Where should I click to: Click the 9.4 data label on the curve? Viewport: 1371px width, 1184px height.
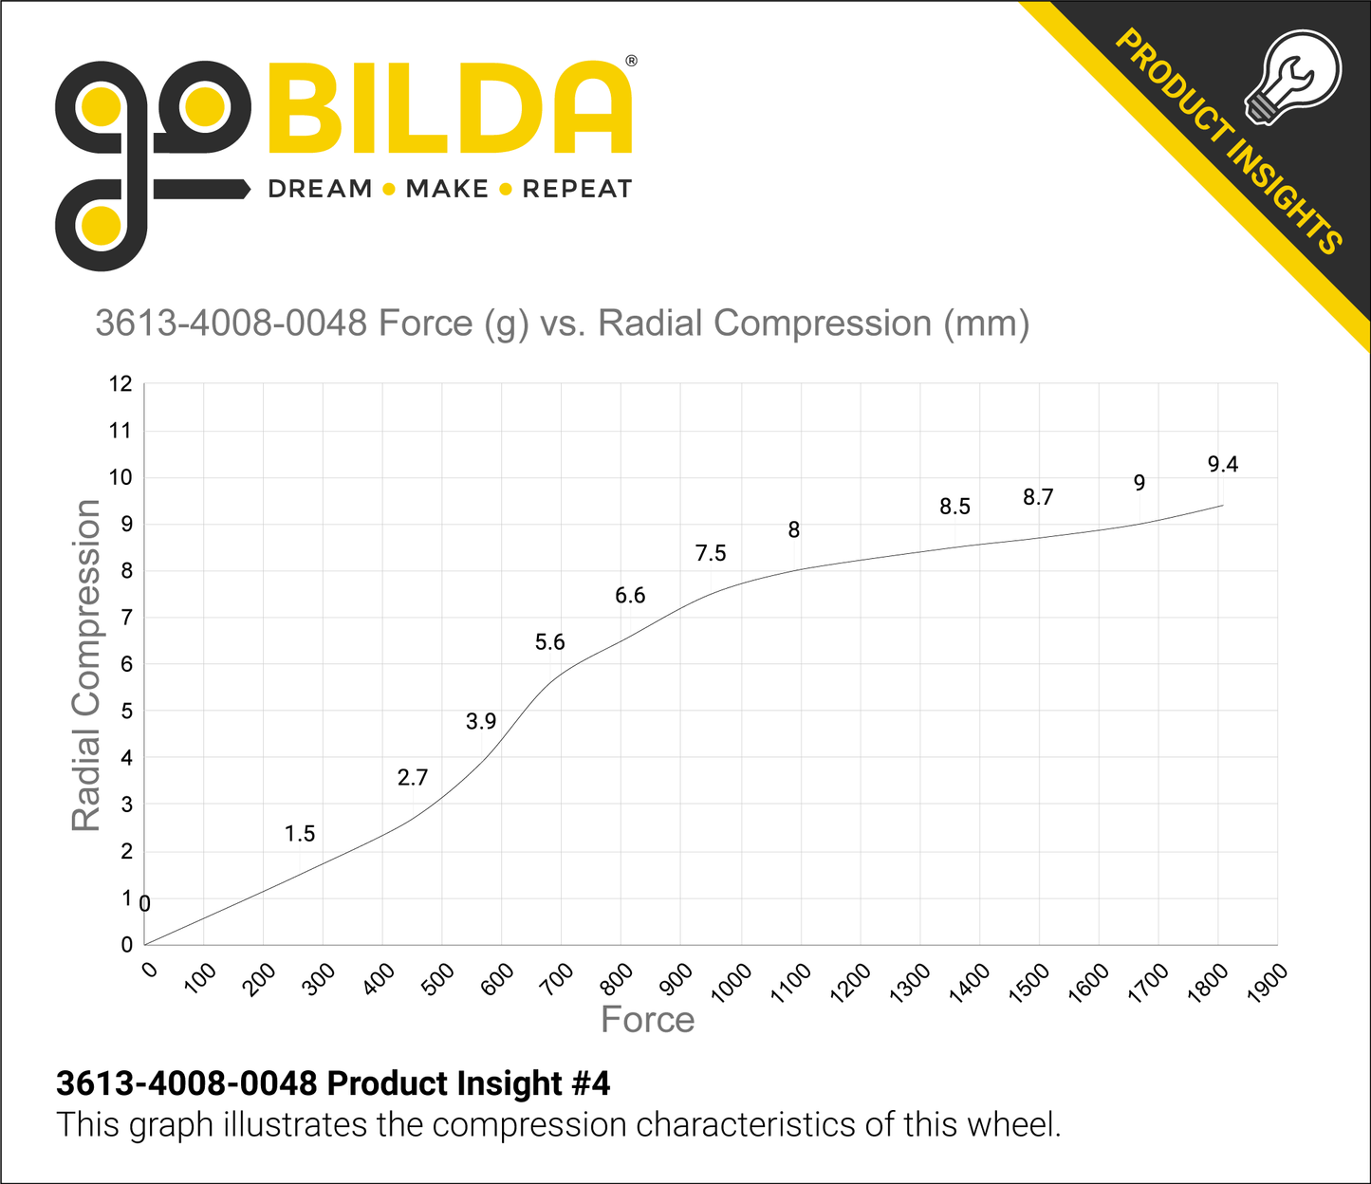point(1222,464)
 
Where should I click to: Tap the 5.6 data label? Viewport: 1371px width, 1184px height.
point(549,642)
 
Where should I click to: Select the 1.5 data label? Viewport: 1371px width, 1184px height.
point(300,834)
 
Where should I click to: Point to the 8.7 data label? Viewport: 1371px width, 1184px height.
point(1038,497)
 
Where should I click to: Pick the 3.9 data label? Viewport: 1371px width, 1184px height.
point(481,722)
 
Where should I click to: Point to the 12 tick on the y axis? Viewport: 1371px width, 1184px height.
point(120,384)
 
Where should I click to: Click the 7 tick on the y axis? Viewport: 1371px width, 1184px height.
point(126,618)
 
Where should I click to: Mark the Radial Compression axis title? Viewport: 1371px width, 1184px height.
point(85,664)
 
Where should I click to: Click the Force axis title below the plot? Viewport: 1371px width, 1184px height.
point(648,1020)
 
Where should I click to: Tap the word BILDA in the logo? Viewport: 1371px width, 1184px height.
point(450,109)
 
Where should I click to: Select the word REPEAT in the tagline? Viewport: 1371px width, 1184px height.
point(577,189)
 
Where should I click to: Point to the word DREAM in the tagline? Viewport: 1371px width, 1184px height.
point(320,189)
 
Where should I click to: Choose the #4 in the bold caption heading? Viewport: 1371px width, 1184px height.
point(589,1083)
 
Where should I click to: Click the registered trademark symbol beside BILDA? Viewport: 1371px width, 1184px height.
point(631,62)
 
